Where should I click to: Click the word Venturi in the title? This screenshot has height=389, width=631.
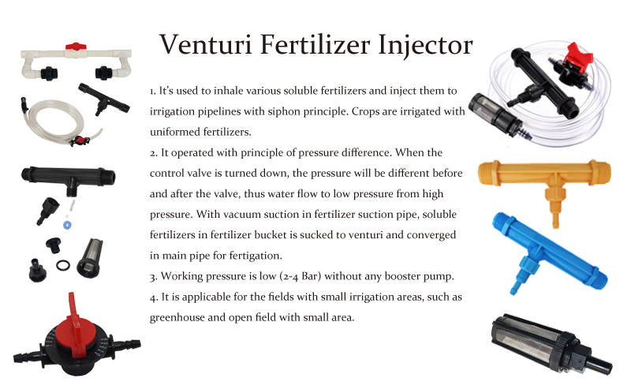tap(206, 44)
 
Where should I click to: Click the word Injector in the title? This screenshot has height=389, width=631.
tap(425, 46)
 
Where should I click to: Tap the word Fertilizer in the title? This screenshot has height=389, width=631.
tap(315, 44)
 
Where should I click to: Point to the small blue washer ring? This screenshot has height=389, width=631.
tap(68, 225)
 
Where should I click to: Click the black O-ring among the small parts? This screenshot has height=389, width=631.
tap(63, 265)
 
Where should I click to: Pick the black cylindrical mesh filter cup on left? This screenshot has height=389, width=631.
tap(90, 258)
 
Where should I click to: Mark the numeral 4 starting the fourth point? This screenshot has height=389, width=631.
tap(153, 298)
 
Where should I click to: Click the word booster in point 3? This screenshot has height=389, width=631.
tap(403, 276)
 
